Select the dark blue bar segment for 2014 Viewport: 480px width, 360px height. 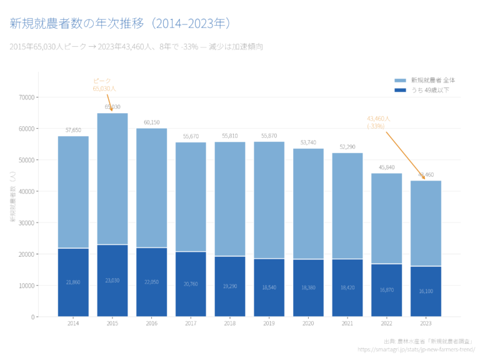pos(73,282)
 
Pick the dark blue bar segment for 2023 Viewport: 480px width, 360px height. pos(426,291)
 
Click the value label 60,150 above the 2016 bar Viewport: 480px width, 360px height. pos(151,122)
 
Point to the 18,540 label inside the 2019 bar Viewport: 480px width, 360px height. pos(269,287)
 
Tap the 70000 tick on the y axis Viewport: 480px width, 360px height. pos(26,97)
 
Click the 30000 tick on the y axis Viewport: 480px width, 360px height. pos(26,223)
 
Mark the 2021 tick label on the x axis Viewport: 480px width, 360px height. pos(347,323)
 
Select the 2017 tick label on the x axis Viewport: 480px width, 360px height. pos(191,323)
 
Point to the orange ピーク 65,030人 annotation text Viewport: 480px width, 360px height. pos(104,85)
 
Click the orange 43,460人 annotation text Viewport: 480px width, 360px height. pos(378,122)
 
